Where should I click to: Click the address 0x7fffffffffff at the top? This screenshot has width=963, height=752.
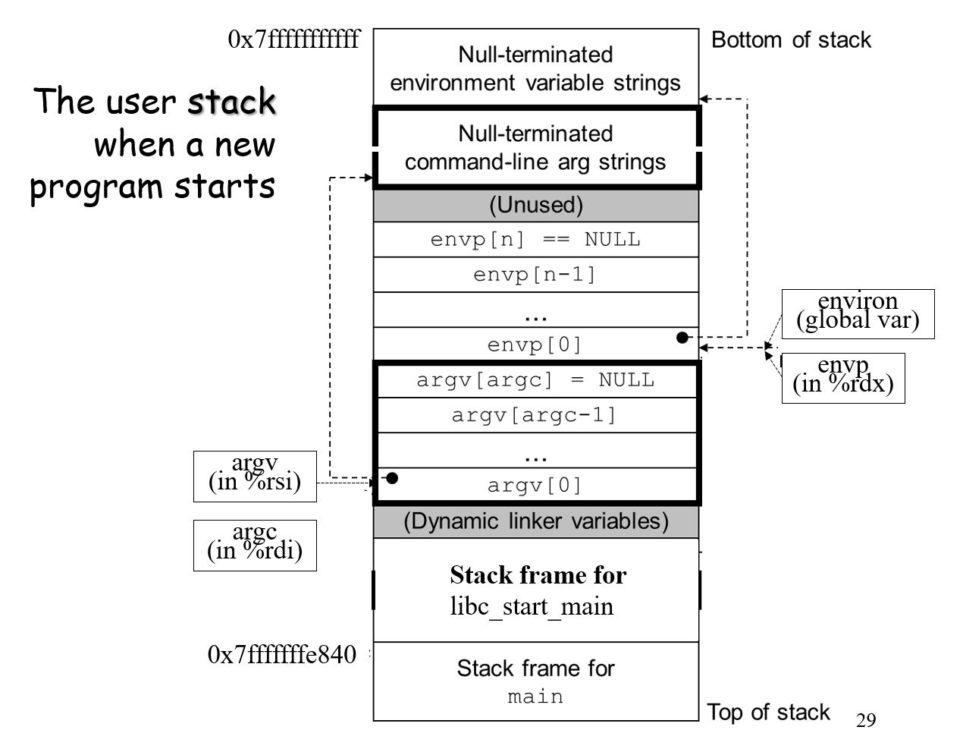coord(293,39)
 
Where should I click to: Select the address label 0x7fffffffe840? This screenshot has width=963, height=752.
coord(281,654)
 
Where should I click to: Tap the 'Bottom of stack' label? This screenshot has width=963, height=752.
coord(791,40)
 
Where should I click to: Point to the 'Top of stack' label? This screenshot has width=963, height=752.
coord(768,712)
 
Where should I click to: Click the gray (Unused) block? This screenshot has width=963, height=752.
coord(535,205)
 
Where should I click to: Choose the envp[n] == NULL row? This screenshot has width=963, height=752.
coord(535,240)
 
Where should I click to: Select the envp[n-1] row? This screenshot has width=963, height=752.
coord(535,275)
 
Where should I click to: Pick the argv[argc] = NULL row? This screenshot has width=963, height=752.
coord(535,380)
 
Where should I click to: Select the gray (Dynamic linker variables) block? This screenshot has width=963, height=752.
coord(535,521)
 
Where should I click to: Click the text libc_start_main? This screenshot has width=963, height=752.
coord(532,607)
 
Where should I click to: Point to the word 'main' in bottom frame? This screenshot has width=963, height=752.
coord(535,697)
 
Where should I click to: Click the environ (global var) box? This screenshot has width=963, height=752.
coord(858,313)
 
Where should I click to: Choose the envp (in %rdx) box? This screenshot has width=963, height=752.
coord(842,378)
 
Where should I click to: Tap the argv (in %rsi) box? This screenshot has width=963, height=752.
coord(255,476)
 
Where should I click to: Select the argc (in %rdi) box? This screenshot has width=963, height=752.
coord(255,545)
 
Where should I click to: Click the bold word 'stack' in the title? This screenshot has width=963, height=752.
coord(231,102)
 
